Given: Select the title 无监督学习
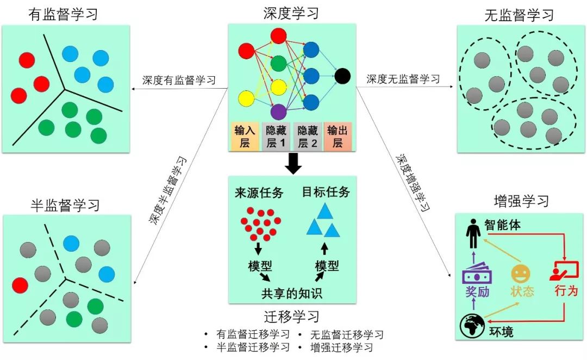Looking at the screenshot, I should coord(519,15).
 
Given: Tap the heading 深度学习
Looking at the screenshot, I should coord(291,13).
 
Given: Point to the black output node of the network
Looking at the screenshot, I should coord(342,76).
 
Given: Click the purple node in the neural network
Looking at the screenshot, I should coord(278,111).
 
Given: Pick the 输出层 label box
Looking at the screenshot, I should coord(338,136).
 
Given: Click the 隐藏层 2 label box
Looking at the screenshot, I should coord(307,136).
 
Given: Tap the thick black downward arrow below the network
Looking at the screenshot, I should coord(293,163).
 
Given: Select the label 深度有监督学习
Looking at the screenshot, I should coord(179,80).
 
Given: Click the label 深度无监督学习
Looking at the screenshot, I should coord(403,79).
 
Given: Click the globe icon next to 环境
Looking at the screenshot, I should coord(471,325).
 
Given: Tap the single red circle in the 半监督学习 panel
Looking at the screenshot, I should coord(20,284).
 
